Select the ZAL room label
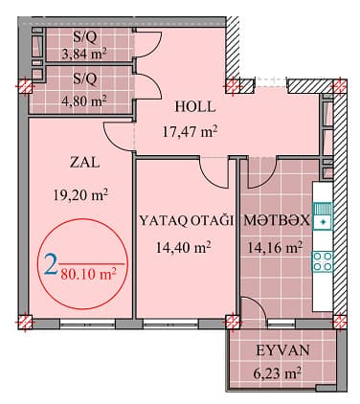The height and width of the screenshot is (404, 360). click(x=79, y=163)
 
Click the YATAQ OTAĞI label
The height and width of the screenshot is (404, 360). click(x=187, y=220)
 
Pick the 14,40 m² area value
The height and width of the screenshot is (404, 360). click(x=187, y=246)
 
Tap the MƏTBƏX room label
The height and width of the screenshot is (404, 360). click(x=276, y=220)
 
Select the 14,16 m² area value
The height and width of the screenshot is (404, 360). click(x=276, y=246)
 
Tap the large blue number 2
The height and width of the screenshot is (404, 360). click(x=51, y=264)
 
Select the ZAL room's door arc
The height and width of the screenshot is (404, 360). click(x=117, y=134)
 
